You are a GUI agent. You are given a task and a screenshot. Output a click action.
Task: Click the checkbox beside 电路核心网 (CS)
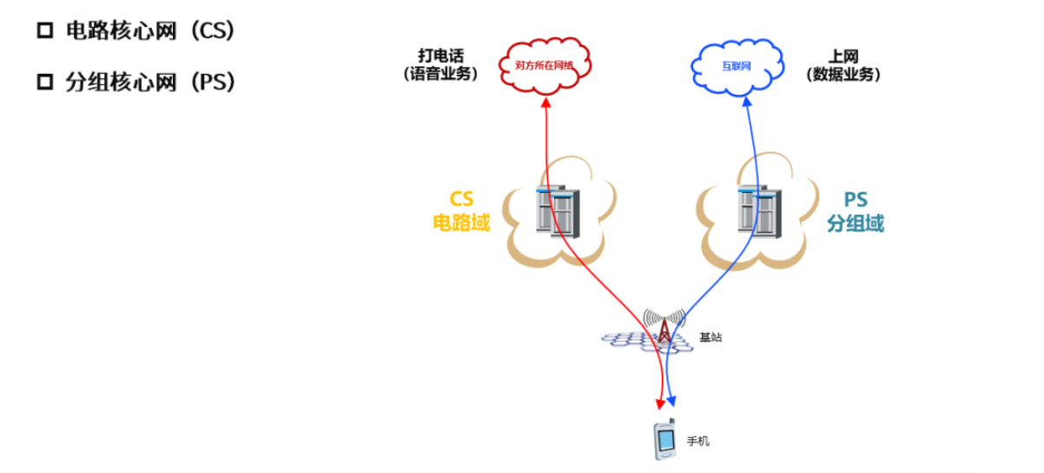pyautogui.click(x=45, y=31)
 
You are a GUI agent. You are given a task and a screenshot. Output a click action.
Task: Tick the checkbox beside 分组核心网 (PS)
pyautogui.click(x=45, y=83)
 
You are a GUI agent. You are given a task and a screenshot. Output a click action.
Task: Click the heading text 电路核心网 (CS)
pyautogui.click(x=150, y=31)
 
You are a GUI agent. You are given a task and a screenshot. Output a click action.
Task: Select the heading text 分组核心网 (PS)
pyautogui.click(x=150, y=83)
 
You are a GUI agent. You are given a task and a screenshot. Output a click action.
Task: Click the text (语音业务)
pyautogui.click(x=440, y=75)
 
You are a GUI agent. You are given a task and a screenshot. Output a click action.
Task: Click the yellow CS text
pyautogui.click(x=461, y=200)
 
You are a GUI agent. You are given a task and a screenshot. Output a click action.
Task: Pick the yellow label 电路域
pyautogui.click(x=461, y=223)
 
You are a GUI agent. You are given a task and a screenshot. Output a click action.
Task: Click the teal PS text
pyautogui.click(x=856, y=200)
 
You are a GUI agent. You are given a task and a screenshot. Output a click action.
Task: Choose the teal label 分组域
pyautogui.click(x=856, y=223)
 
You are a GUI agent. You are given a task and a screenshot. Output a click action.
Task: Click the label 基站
pyautogui.click(x=710, y=337)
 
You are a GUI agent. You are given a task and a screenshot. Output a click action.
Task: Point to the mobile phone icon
pyautogui.click(x=664, y=440)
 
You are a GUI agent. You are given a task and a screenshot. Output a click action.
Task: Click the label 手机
pyautogui.click(x=698, y=442)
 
